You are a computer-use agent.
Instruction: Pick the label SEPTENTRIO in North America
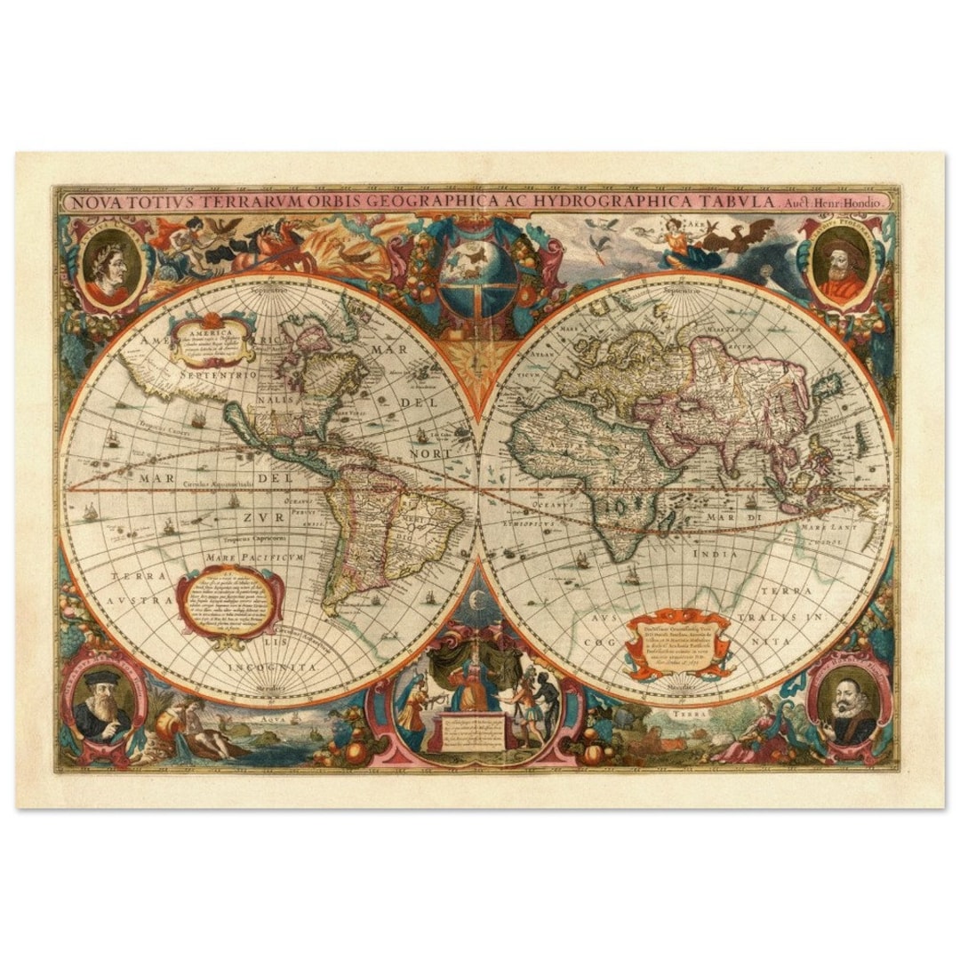coord(219,376)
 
